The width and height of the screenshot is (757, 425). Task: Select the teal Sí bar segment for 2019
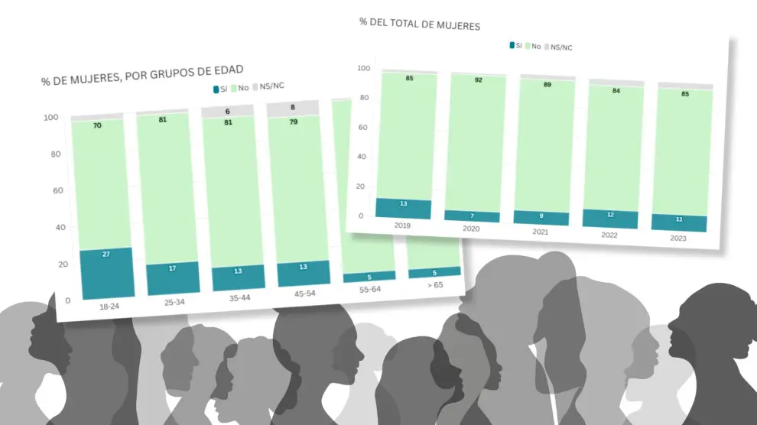tap(404, 209)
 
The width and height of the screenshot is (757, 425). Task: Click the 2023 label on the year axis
tap(677, 238)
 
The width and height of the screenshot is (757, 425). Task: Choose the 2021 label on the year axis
tap(541, 232)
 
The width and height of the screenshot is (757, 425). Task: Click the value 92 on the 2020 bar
tap(479, 79)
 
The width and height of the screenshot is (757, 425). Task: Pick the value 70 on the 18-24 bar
tap(98, 125)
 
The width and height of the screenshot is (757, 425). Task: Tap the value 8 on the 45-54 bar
tap(293, 108)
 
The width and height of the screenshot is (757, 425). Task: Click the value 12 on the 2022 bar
tap(609, 215)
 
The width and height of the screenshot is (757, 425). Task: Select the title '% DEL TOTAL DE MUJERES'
tap(419, 25)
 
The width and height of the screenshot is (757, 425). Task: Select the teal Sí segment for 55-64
tap(369, 277)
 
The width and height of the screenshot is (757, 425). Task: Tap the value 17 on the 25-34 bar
tap(172, 268)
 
